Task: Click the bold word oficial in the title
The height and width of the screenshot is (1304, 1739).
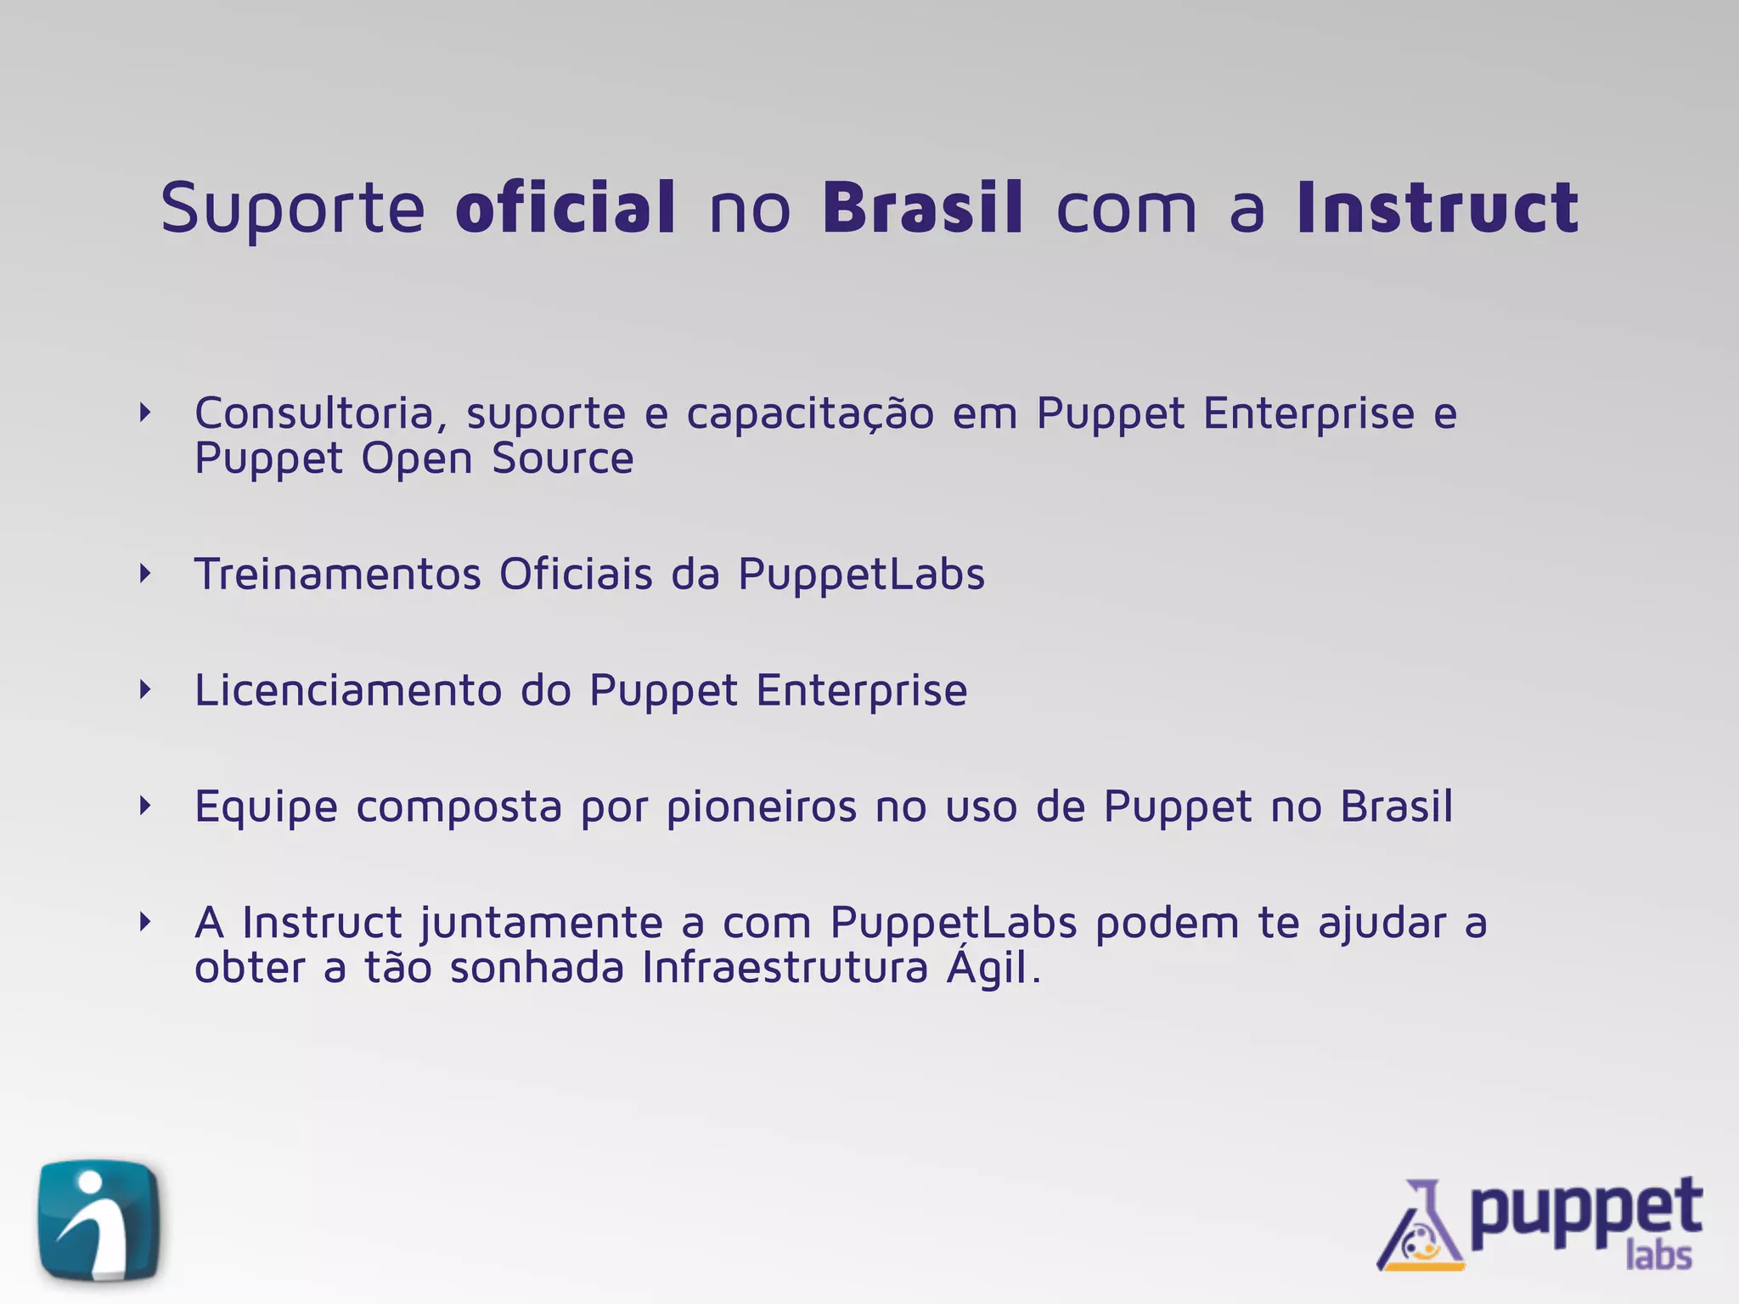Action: (566, 207)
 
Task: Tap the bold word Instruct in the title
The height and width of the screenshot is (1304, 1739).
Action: (1437, 207)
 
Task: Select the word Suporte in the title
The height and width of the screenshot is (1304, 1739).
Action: (292, 209)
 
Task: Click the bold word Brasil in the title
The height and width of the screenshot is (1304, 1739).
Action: (923, 207)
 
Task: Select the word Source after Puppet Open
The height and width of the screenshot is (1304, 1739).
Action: (562, 458)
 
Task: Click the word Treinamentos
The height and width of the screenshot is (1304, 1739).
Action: (338, 574)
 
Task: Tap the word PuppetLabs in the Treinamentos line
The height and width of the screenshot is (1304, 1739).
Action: (861, 576)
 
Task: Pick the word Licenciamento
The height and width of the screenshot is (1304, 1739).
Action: (347, 689)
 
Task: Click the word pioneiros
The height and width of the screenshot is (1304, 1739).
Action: (762, 807)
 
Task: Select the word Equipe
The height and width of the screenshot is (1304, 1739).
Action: (266, 807)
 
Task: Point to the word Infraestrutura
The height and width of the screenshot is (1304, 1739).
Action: (785, 968)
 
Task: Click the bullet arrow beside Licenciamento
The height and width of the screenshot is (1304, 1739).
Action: (145, 689)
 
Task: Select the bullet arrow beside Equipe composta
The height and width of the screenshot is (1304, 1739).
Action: (145, 806)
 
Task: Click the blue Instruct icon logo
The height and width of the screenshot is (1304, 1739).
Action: (99, 1221)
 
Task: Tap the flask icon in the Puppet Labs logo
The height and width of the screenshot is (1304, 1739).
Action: (1421, 1228)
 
